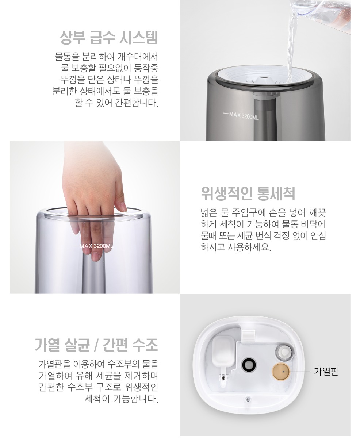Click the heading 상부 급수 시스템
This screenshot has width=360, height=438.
click(x=109, y=38)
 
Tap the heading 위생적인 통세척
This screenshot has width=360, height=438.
click(x=248, y=193)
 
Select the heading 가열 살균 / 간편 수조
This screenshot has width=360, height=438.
click(x=96, y=345)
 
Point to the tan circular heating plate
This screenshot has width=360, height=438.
click(x=281, y=372)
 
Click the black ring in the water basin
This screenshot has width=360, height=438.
click(x=249, y=365)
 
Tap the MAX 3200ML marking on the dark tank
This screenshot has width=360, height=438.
click(x=241, y=116)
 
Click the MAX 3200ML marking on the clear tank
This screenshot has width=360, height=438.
click(x=93, y=246)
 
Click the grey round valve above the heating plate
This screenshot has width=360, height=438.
click(x=284, y=351)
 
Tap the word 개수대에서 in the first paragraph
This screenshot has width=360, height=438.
click(x=138, y=57)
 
